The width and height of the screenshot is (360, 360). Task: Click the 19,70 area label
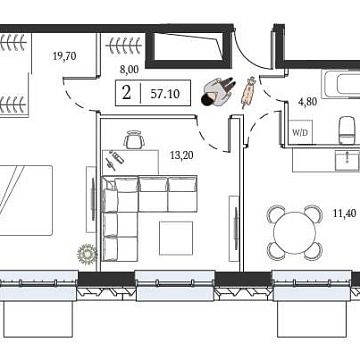pos(63,58)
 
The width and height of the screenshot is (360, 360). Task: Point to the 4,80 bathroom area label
pos(305,101)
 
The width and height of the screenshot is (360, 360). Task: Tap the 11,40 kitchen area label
pos(344,212)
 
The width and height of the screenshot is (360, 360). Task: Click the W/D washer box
pos(300,131)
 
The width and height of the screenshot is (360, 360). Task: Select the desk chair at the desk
pos(133,140)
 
